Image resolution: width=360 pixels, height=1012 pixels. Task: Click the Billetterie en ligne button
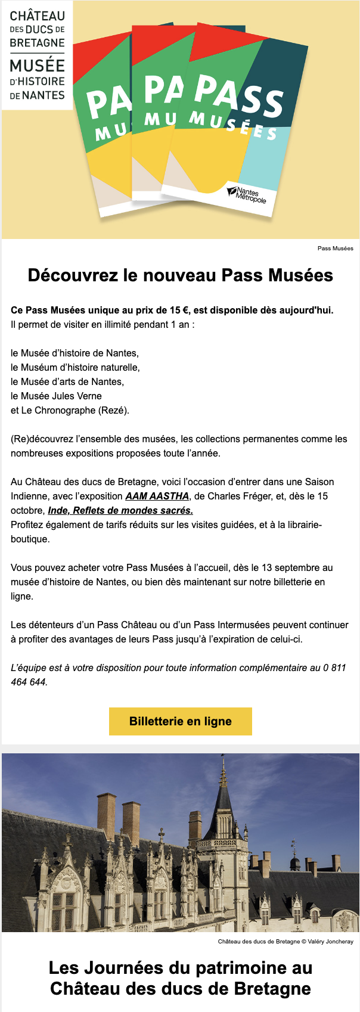point(180,721)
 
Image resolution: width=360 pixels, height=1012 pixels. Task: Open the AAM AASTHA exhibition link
point(157,496)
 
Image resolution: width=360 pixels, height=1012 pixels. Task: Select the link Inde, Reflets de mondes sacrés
point(120,510)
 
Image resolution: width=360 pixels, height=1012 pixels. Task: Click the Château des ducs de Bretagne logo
point(37,55)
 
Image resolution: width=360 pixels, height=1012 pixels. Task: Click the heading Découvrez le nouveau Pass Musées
point(180,275)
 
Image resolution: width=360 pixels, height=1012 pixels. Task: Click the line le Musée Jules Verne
point(56,396)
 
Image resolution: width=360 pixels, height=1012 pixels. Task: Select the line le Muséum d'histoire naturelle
point(75,367)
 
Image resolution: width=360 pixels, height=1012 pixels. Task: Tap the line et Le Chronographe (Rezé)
point(70,410)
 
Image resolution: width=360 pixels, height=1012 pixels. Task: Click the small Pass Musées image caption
point(335,248)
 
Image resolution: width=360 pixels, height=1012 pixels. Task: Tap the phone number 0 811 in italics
point(334,668)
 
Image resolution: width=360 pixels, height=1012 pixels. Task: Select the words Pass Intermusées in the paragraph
point(232,625)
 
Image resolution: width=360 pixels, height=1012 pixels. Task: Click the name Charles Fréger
point(232,496)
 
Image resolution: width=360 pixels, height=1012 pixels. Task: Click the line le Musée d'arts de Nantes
point(67,381)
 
